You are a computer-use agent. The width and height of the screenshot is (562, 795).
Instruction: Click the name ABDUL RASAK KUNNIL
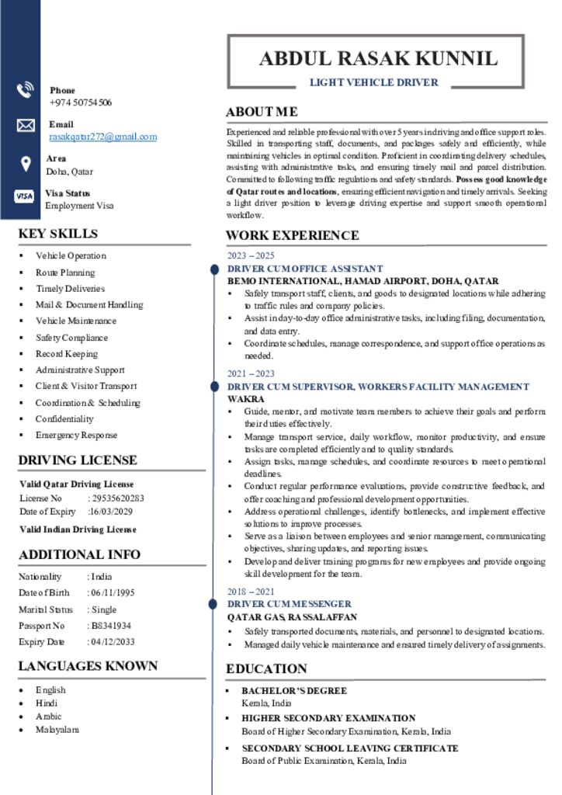point(377,58)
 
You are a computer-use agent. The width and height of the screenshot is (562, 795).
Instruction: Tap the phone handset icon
point(25,90)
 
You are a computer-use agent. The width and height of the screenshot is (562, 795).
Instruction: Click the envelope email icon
point(25,125)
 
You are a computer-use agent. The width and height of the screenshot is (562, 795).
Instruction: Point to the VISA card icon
point(24,196)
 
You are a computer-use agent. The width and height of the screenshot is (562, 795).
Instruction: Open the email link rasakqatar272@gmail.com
point(102,137)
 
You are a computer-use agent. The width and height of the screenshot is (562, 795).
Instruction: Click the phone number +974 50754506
point(81,102)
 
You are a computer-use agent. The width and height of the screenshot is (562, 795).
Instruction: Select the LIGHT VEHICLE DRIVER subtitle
point(374,82)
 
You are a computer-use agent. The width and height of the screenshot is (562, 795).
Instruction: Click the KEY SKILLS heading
point(58,234)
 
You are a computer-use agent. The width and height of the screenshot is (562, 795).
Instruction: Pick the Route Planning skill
point(65,273)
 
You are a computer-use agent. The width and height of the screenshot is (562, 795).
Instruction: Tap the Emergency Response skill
point(76,435)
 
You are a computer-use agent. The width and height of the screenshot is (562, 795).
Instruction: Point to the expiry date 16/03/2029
point(111,512)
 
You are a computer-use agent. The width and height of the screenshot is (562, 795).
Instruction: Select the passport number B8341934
point(111,625)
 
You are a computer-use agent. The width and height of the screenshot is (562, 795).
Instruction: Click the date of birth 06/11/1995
point(113,592)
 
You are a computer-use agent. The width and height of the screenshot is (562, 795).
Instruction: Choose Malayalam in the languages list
point(57,729)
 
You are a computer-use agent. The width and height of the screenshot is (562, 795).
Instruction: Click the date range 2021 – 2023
point(250,373)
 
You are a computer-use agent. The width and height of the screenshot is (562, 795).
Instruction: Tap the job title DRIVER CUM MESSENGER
point(289,603)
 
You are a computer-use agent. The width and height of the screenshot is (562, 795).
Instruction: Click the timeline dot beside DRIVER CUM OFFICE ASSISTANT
point(213,269)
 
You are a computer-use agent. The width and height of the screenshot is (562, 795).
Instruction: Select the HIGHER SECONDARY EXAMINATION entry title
point(328,718)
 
